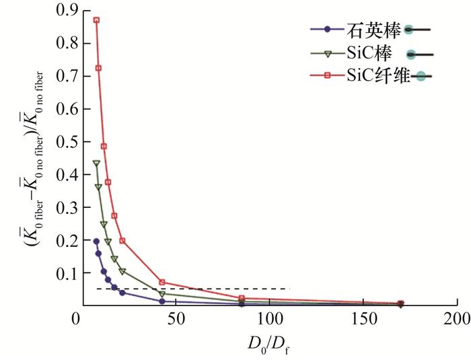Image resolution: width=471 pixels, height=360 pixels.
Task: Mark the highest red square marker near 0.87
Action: [x=96, y=20]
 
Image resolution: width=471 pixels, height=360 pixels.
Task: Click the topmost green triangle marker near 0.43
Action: [x=96, y=164]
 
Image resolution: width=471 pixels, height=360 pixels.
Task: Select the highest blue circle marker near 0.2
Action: [x=96, y=241]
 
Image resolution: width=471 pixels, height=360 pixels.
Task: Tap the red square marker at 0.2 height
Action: [x=122, y=240]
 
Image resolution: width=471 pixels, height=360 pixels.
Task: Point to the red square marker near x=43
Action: [x=162, y=282]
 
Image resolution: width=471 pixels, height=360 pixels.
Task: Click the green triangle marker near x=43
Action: [x=162, y=294]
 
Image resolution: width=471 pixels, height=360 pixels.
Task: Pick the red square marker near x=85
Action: [x=242, y=298]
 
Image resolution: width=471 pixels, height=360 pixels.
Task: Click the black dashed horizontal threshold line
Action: [x=202, y=289]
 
